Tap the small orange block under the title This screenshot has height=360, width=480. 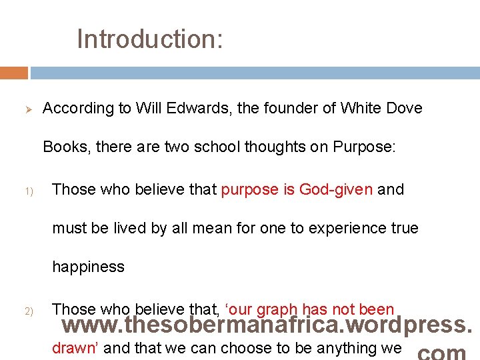[x=14, y=73]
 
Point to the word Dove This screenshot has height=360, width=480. [x=405, y=108]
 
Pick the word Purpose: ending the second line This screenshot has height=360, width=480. [x=365, y=147]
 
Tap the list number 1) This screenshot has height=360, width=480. [x=20, y=191]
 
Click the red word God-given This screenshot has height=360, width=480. [x=335, y=189]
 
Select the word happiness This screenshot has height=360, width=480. [x=89, y=267]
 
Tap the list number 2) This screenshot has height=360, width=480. [x=20, y=311]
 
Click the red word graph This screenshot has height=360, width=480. [x=277, y=309]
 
